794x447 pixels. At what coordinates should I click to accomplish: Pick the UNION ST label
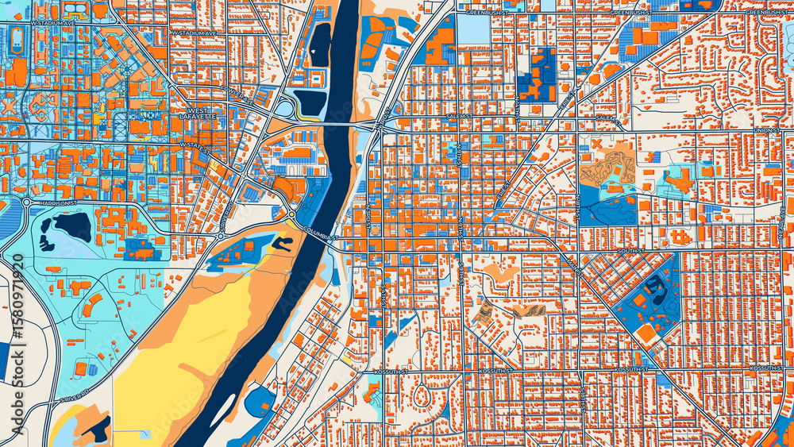point(768,130)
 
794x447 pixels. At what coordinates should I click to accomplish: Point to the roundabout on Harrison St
point(26,202)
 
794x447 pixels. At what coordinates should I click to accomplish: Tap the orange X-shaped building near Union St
point(595,144)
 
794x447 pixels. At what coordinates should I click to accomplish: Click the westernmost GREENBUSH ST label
point(485,13)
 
